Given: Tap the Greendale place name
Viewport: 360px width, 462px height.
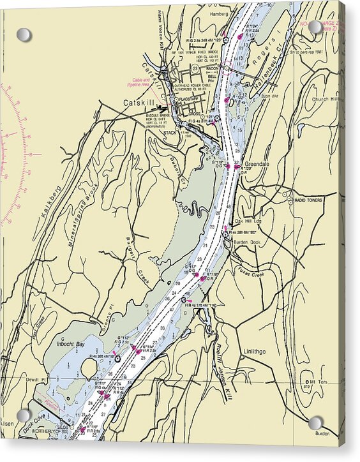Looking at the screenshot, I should click(x=257, y=164).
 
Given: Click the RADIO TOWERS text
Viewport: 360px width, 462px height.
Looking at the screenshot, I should click(x=308, y=200).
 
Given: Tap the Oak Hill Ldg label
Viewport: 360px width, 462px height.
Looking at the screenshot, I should click(x=249, y=221).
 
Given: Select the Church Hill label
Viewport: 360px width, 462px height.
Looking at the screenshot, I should click(x=327, y=100).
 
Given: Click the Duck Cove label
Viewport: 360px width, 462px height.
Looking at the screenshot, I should click(x=35, y=426).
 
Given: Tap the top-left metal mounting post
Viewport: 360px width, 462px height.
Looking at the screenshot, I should click(x=24, y=34).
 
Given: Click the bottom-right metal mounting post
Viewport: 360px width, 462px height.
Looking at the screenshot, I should click(x=315, y=423).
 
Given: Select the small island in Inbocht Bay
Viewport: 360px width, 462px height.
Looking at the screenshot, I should click(x=89, y=368).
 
